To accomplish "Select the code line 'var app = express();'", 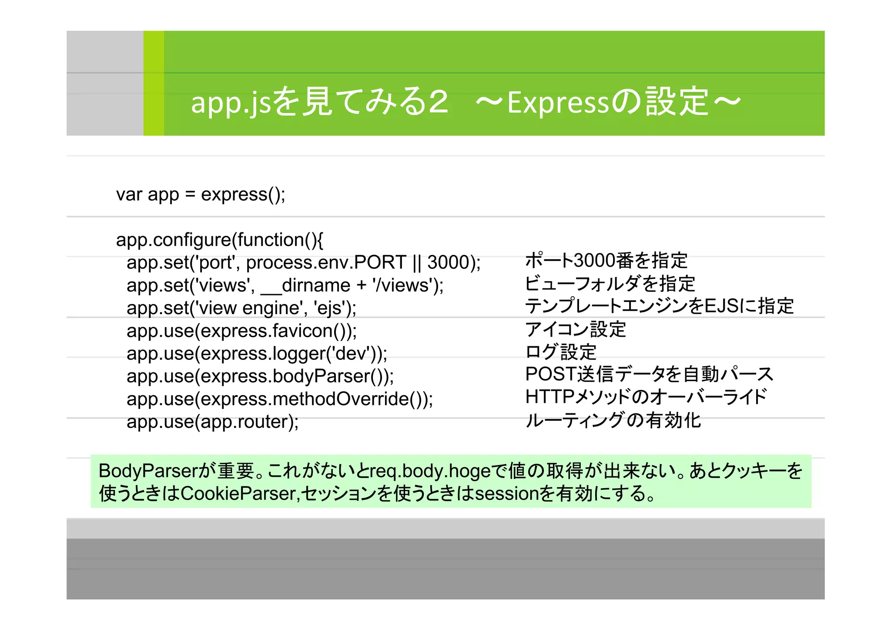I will [x=201, y=194].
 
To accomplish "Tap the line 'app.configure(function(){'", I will [x=219, y=240].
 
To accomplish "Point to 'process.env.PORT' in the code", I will [x=326, y=262].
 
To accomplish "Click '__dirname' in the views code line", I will [x=305, y=285].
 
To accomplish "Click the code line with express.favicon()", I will [x=241, y=331].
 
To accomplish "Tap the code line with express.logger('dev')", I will [x=257, y=354].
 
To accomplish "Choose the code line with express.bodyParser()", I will [x=260, y=376].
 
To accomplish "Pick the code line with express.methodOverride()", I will [x=280, y=399].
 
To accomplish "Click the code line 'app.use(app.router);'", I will [x=212, y=422].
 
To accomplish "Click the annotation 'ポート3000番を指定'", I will [x=606, y=261].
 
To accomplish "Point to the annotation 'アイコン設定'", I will [x=575, y=329].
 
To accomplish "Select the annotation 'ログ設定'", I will [x=560, y=352].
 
